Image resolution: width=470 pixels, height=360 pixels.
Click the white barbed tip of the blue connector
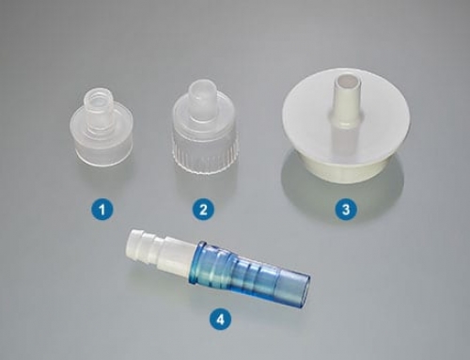[143, 247]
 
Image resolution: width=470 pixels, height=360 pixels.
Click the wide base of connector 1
[99, 149]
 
